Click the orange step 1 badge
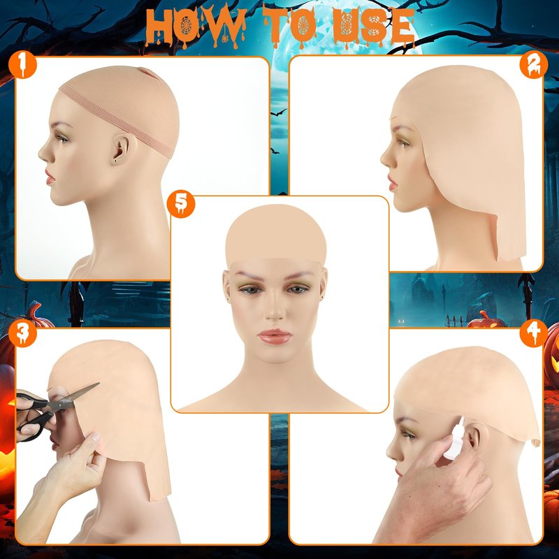(x=22, y=64)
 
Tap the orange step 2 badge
(x=534, y=64)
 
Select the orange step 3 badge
(x=22, y=333)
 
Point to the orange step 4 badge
(x=534, y=333)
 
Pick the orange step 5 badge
(x=181, y=203)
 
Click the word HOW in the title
(x=196, y=27)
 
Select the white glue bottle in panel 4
(x=456, y=440)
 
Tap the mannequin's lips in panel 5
(x=275, y=337)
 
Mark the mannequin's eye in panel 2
(x=403, y=143)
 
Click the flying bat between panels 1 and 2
(x=278, y=113)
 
